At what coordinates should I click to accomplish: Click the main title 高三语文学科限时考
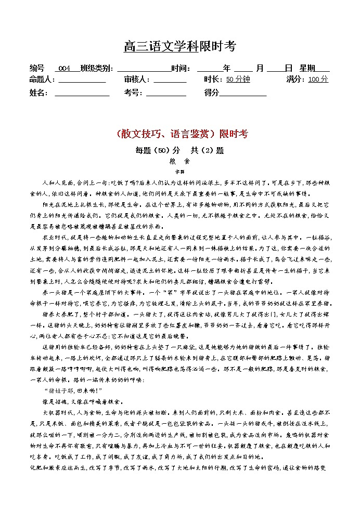(179, 47)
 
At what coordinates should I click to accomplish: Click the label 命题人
(42, 80)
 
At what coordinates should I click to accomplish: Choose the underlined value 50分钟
(238, 80)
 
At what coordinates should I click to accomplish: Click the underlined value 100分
(318, 80)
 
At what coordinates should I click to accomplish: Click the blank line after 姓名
(82, 93)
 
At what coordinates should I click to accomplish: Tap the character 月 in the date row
(260, 69)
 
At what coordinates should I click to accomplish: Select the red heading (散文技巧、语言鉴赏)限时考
(179, 134)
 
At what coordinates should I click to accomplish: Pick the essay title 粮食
(179, 161)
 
